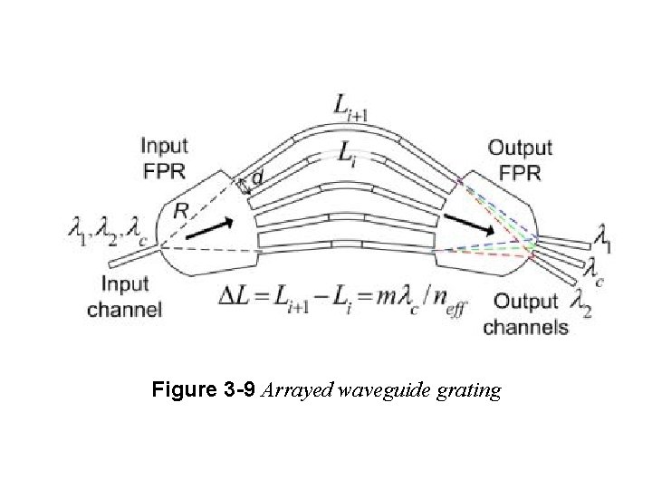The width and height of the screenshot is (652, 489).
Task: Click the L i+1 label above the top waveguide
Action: pyautogui.click(x=352, y=110)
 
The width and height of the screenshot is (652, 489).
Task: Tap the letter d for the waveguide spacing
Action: pyautogui.click(x=257, y=178)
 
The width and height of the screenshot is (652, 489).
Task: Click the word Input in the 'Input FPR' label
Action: pyautogui.click(x=164, y=145)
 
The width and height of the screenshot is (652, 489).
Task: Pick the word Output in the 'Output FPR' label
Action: pyautogui.click(x=520, y=147)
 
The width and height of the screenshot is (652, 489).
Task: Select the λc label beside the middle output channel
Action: pyautogui.click(x=593, y=267)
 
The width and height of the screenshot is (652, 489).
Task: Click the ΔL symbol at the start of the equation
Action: pyautogui.click(x=237, y=294)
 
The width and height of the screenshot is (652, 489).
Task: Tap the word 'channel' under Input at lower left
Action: pyautogui.click(x=125, y=309)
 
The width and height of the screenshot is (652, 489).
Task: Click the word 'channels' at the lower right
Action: pyautogui.click(x=525, y=327)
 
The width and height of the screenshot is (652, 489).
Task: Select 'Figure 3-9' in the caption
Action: pyautogui.click(x=204, y=391)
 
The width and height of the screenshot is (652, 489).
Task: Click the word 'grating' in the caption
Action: pyautogui.click(x=468, y=391)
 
